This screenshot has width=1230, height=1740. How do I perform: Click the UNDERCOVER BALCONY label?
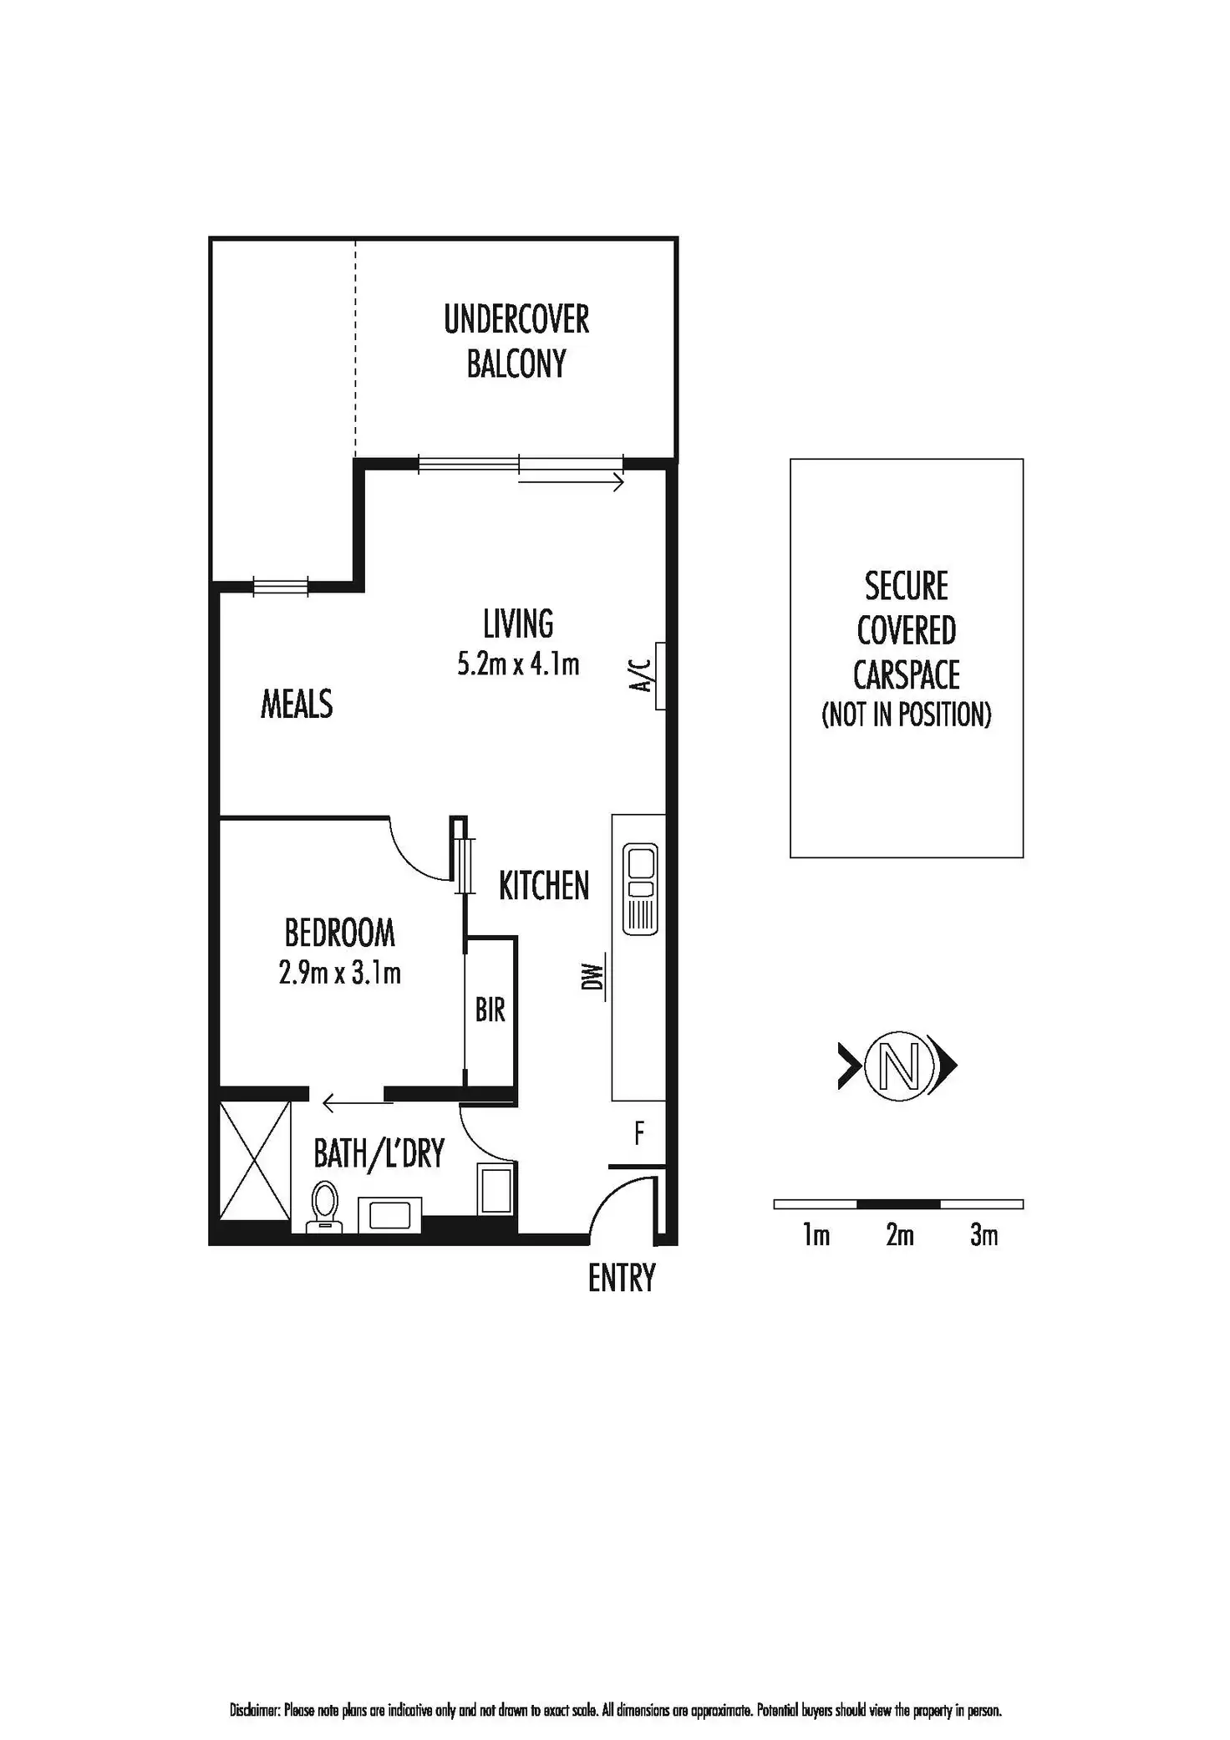pos(516,342)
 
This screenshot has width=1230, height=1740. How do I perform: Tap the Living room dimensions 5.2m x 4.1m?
pos(518,664)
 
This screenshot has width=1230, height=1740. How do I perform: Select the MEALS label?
pos(297,705)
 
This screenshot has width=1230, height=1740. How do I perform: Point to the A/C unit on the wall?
pos(660,675)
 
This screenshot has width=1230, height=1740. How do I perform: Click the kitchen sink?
pos(640,888)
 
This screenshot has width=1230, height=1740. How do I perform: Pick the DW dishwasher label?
pos(593,977)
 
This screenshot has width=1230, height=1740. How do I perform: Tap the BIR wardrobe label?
pos(490,1010)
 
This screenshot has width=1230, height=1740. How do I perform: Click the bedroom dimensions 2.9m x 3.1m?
pos(339,974)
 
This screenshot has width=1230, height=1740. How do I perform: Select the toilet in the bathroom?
pos(324,1208)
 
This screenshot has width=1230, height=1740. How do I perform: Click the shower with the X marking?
pos(255,1161)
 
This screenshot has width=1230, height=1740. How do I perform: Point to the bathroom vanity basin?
pos(389,1214)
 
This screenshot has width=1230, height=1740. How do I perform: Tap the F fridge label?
pos(639,1134)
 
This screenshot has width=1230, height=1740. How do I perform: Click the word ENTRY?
pos(622,1279)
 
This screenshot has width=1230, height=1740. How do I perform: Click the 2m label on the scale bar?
pos(900,1235)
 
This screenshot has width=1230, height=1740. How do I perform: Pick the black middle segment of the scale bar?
pos(899,1204)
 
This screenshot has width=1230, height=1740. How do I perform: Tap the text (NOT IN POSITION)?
pos(907,715)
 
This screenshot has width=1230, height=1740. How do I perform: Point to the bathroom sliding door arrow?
pos(358,1104)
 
